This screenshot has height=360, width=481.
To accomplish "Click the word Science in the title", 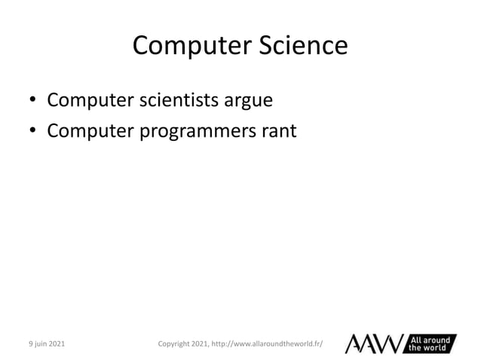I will click(x=305, y=47).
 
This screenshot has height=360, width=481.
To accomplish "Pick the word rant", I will click(x=279, y=132).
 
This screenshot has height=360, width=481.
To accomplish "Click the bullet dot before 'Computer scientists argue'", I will click(x=32, y=101).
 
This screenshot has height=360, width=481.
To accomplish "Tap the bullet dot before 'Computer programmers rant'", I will click(x=32, y=133).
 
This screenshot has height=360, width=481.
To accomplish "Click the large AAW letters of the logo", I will click(x=375, y=343).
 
